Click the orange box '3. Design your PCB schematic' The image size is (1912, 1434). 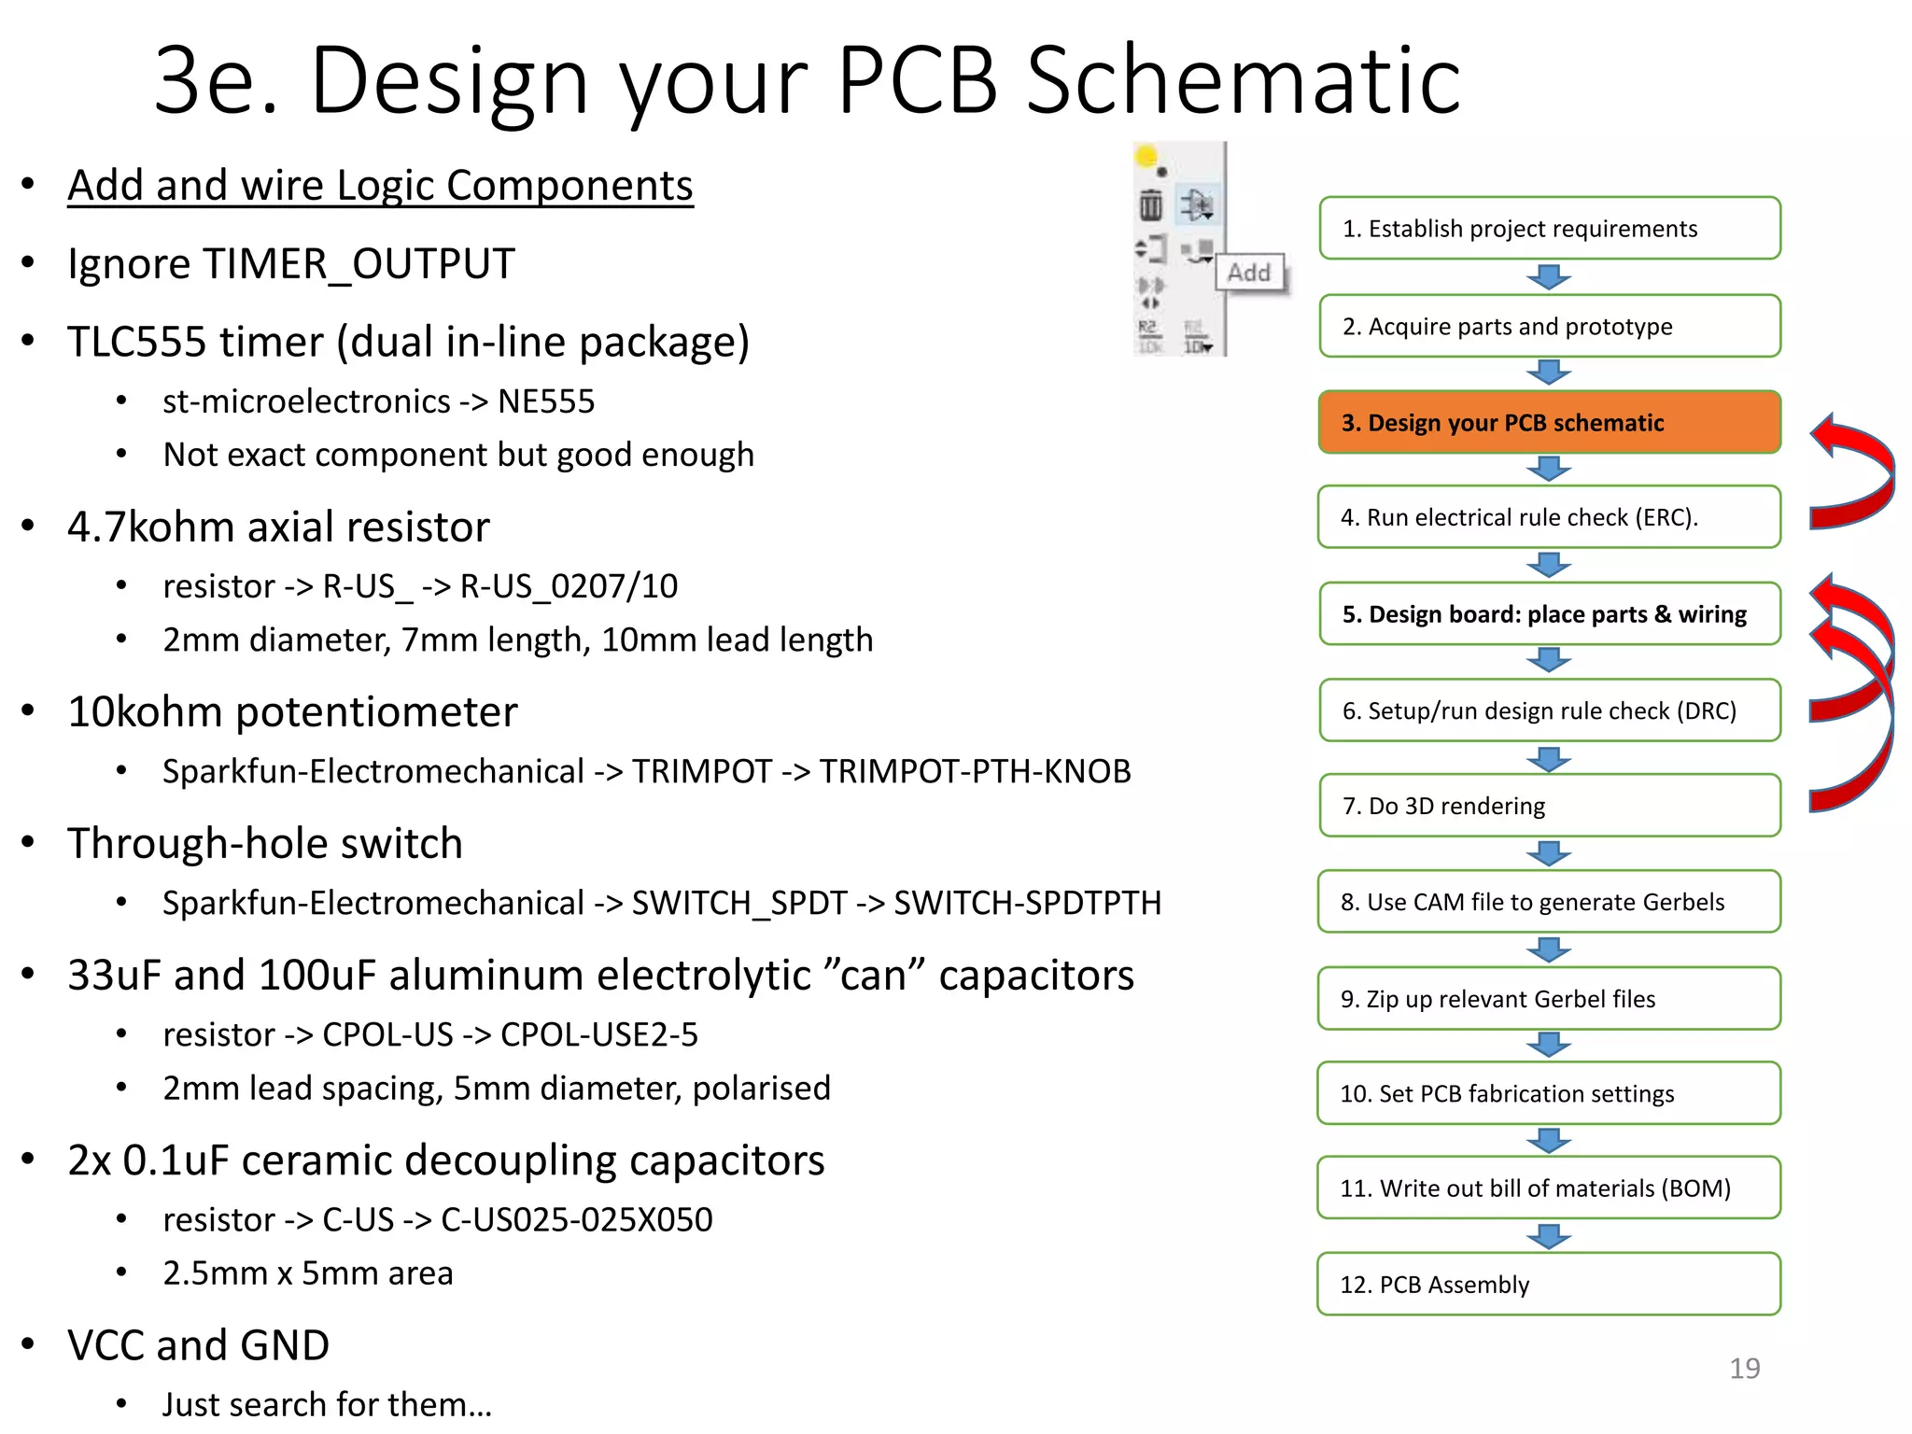tap(1549, 423)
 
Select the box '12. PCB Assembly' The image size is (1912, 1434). tap(1549, 1285)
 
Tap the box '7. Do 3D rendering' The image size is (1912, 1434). tap(1549, 806)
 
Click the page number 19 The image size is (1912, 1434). tap(1744, 1369)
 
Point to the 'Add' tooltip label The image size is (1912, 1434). tap(1249, 273)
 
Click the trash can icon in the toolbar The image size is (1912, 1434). tap(1150, 204)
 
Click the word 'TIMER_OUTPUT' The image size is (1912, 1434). tap(358, 264)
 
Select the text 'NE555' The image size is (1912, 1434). tap(546, 401)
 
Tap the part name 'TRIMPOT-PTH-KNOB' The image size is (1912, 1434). tap(975, 772)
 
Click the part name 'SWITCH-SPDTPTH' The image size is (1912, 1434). tap(1027, 904)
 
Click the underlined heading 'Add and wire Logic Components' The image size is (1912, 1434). tap(380, 186)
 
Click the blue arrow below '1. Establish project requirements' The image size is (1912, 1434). tap(1549, 277)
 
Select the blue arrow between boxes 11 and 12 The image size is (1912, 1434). tap(1549, 1236)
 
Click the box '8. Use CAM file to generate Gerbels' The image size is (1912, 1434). tap(1549, 902)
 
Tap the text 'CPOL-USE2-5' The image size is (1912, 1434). tap(598, 1035)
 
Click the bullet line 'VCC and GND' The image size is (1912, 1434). tap(198, 1345)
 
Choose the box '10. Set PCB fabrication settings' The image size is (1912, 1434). tap(1549, 1093)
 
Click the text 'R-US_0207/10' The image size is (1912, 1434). tap(569, 586)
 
